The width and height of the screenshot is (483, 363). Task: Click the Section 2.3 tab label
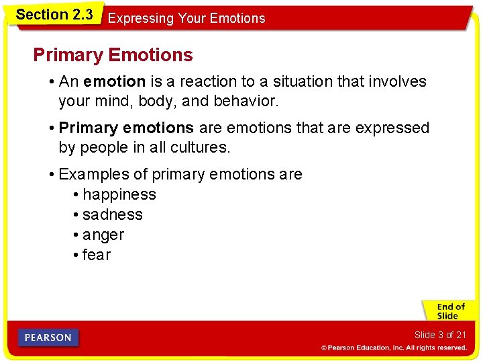pyautogui.click(x=54, y=15)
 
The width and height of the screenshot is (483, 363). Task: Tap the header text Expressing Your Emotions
pyautogui.click(x=186, y=19)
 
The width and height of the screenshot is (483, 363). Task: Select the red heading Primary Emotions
pyautogui.click(x=113, y=55)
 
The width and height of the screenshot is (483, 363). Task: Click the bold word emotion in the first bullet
pyautogui.click(x=114, y=82)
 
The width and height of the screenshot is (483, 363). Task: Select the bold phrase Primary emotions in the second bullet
pyautogui.click(x=126, y=128)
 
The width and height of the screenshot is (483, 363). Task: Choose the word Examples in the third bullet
pyautogui.click(x=94, y=175)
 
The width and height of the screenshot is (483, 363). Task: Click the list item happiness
pyautogui.click(x=119, y=195)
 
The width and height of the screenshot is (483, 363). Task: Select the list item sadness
pyautogui.click(x=112, y=215)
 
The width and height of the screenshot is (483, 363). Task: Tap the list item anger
pyautogui.click(x=103, y=235)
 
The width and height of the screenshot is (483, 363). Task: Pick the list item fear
pyautogui.click(x=97, y=255)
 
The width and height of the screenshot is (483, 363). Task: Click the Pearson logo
pyautogui.click(x=48, y=337)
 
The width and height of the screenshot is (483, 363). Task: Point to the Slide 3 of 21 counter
pyautogui.click(x=439, y=335)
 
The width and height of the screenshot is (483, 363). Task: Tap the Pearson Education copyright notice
pyautogui.click(x=393, y=348)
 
